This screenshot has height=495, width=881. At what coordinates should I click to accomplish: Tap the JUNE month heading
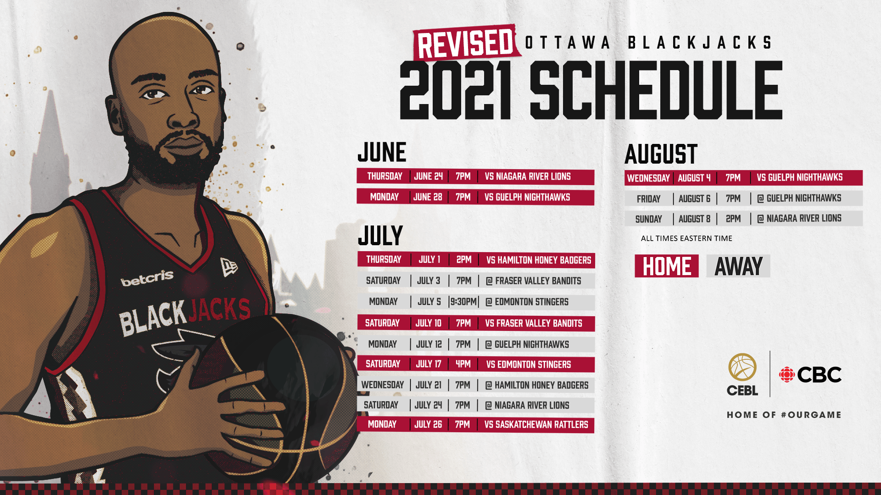[x=382, y=152]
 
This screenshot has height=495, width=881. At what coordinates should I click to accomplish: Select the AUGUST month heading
[x=661, y=154]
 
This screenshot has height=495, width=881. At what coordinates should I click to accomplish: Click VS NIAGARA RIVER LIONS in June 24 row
[x=528, y=176]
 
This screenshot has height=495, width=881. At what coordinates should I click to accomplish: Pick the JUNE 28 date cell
[x=428, y=197]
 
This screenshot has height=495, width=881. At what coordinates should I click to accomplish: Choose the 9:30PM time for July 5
[x=463, y=302]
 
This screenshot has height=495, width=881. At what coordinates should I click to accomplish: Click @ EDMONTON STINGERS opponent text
[x=527, y=302]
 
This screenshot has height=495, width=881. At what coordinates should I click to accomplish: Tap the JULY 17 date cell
[x=429, y=364]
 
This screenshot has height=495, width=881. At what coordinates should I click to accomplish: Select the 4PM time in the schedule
[x=463, y=364]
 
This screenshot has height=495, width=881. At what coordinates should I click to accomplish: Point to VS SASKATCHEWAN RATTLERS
[x=536, y=424]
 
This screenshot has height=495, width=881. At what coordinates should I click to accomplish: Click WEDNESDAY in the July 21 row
[x=383, y=385]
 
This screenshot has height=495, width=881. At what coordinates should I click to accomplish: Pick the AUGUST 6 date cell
[x=694, y=198]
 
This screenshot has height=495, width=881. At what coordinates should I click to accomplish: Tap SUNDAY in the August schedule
[x=648, y=219]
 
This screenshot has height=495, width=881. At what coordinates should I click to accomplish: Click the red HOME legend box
[x=667, y=266]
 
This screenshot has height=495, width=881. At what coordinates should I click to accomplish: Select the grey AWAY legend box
[x=738, y=266]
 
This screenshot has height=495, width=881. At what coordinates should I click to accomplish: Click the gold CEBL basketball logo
[x=742, y=374]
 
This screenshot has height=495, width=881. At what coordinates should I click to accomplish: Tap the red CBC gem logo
[x=786, y=374]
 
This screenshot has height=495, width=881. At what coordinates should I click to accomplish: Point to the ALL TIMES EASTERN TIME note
[x=686, y=238]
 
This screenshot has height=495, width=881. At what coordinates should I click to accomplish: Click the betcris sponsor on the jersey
[x=147, y=278]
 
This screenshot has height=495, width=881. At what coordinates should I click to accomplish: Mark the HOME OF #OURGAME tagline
[x=784, y=415]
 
